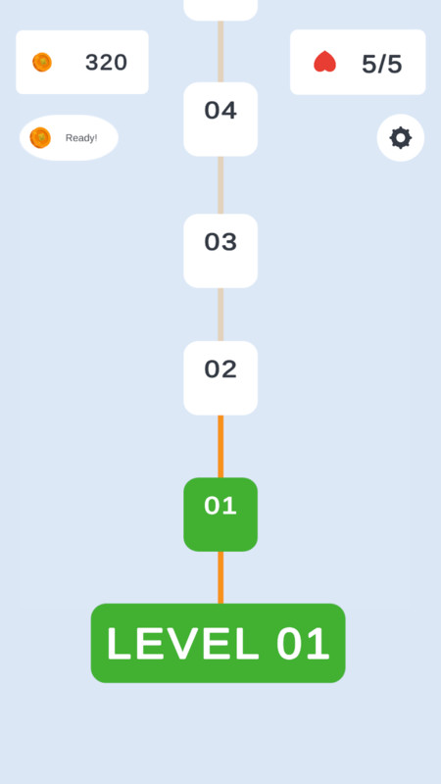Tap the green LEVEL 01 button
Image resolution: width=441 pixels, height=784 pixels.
pos(218,643)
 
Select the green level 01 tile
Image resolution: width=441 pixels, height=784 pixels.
pos(220,514)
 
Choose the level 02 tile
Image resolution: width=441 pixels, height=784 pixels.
pos(220,378)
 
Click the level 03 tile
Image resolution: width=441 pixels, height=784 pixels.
pos(220,251)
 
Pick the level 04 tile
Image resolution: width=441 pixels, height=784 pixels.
pos(220,119)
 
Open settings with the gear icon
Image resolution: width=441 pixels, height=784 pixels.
pos(401,138)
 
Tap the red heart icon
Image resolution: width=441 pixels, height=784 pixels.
pos(324,62)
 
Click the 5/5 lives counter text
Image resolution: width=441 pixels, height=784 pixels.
pos(381,64)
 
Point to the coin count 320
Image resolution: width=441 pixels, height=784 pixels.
pos(106,63)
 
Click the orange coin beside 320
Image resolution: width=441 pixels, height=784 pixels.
pos(42,63)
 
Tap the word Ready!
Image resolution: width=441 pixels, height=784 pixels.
pos(81,138)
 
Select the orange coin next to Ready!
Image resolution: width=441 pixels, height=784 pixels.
pos(40,138)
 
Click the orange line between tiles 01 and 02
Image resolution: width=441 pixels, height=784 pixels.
pos(220,447)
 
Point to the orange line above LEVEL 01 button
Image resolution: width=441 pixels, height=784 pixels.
pos(220,577)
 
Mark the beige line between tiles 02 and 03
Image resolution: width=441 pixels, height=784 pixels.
pos(220,315)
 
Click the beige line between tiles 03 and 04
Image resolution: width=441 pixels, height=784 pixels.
pos(220,185)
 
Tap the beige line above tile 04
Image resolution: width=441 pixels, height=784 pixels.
pos(220,52)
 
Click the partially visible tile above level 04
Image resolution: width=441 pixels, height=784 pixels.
pos(220,10)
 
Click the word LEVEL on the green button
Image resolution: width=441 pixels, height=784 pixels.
pos(183,644)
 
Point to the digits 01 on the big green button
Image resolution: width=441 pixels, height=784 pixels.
pos(303,644)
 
